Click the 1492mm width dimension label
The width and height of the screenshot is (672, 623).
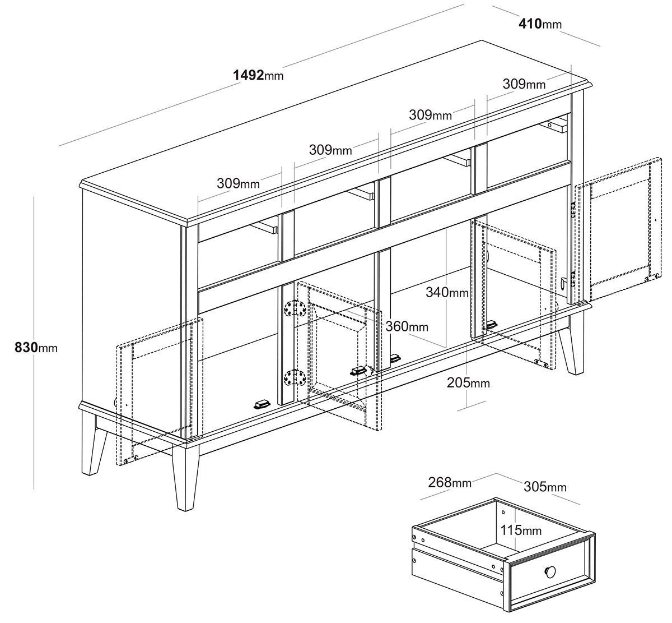point(258,75)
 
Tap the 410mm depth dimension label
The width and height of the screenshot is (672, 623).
point(540,24)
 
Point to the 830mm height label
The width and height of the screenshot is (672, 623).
point(36,348)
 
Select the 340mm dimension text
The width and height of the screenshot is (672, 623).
point(447,292)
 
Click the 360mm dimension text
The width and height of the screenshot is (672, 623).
point(407,326)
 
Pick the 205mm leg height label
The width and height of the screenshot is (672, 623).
point(468,382)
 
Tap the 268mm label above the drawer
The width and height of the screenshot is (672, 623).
point(450,482)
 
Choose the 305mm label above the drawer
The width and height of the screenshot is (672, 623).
point(545,487)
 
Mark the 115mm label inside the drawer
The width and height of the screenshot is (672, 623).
point(521,530)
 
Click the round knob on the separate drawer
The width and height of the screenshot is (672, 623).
point(550,572)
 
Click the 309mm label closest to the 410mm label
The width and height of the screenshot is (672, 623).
point(524,84)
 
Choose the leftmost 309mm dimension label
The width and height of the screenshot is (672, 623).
point(238,183)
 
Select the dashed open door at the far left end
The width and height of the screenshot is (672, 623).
point(159,391)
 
